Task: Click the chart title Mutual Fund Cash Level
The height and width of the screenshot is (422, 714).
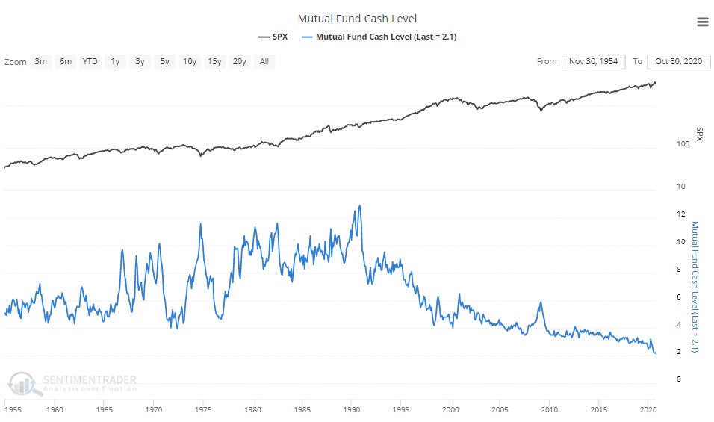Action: click(356, 19)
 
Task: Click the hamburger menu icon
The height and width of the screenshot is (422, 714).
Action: click(702, 22)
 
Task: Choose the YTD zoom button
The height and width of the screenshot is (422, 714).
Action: click(90, 61)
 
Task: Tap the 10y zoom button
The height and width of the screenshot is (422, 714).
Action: click(190, 61)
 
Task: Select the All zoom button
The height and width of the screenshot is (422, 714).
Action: click(264, 61)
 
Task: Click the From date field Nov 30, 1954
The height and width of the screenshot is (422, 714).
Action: click(594, 61)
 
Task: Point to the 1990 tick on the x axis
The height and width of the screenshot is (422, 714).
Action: click(351, 410)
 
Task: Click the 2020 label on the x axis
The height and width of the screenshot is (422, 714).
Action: click(648, 410)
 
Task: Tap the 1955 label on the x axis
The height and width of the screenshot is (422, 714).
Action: click(12, 410)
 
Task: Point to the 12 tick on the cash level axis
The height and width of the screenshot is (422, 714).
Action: click(680, 214)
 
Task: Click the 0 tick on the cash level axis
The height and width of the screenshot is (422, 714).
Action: click(678, 379)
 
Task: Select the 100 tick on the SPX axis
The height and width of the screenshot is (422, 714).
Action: click(682, 145)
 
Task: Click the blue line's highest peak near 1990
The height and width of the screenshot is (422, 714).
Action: click(360, 206)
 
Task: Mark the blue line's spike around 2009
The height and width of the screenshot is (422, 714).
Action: click(539, 302)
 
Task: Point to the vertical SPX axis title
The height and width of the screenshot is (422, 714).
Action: click(700, 134)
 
